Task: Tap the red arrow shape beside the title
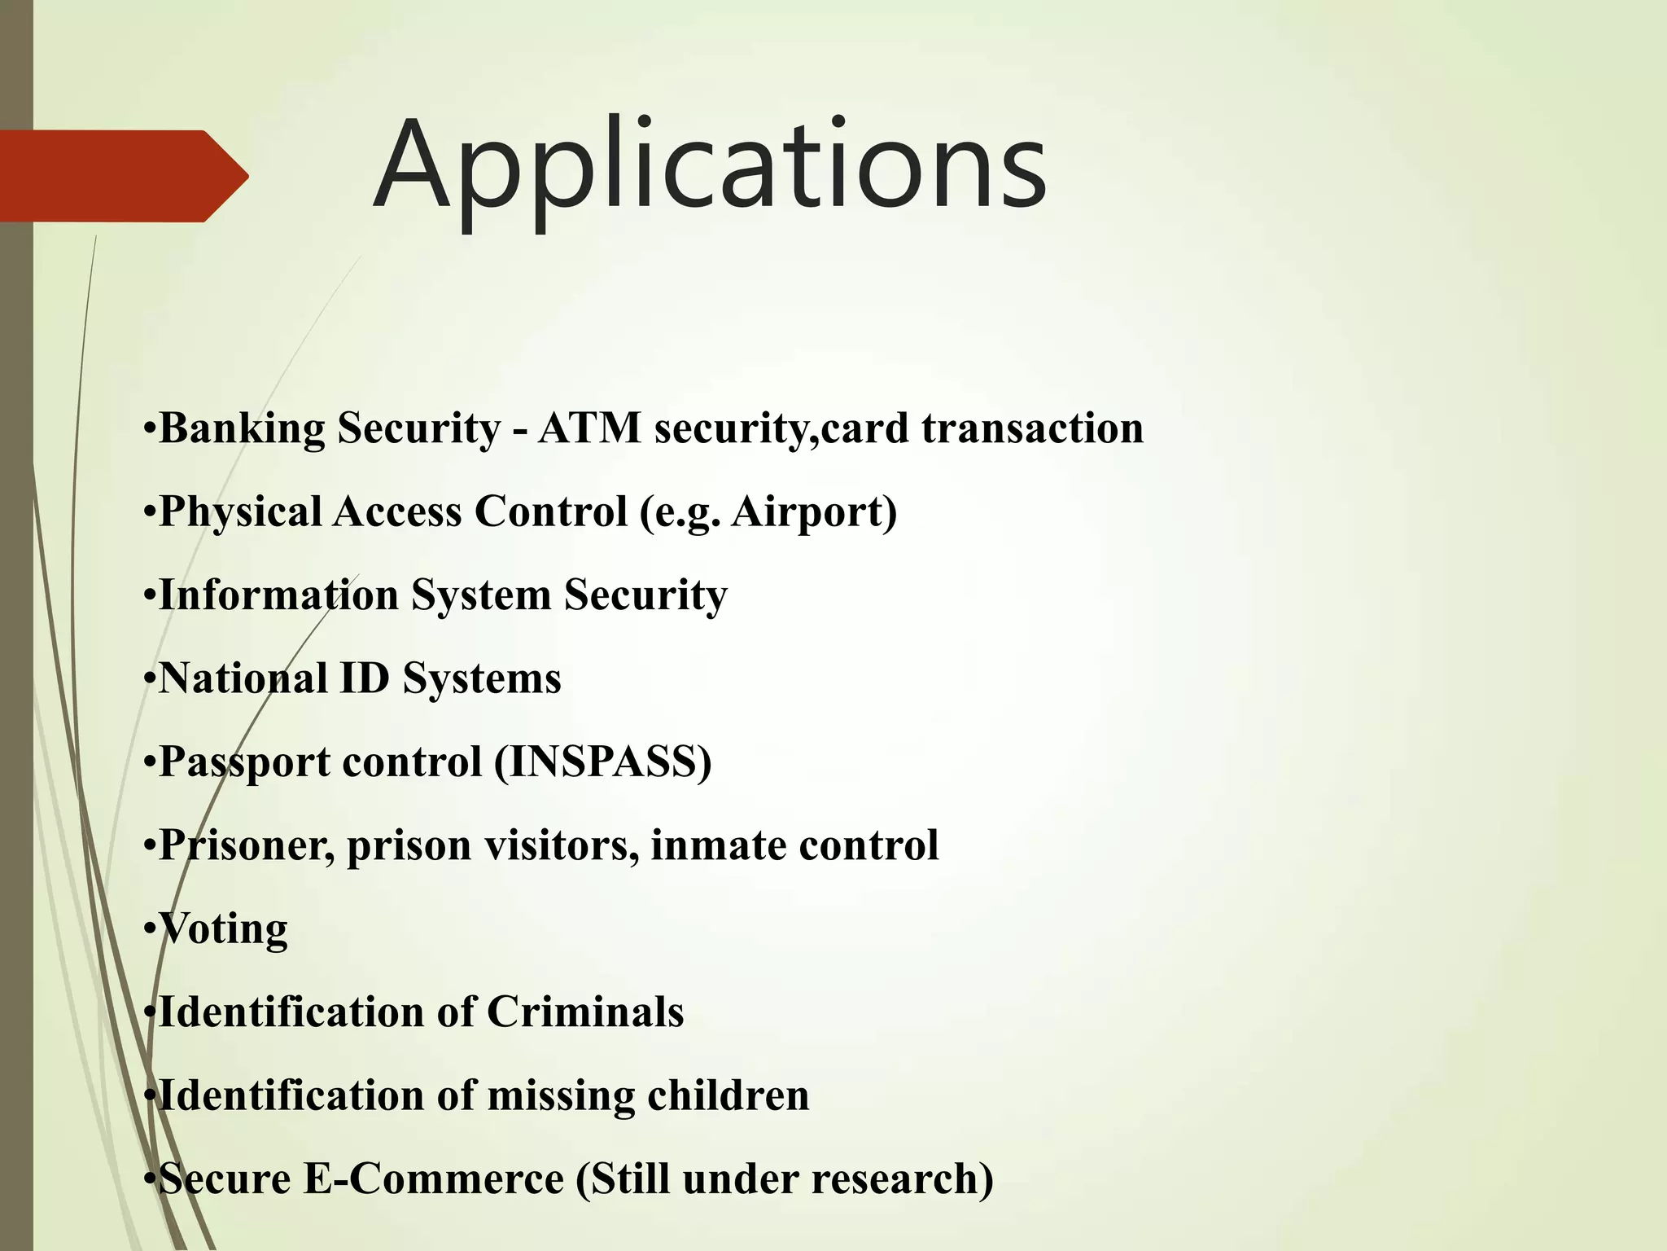[x=122, y=176]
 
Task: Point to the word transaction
[x=1032, y=428]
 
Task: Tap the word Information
[x=278, y=595]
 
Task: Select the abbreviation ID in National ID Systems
[x=364, y=678]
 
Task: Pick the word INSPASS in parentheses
[x=602, y=762]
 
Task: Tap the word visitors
[x=562, y=845]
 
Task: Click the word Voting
[x=223, y=929]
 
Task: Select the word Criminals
[x=585, y=1012]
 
